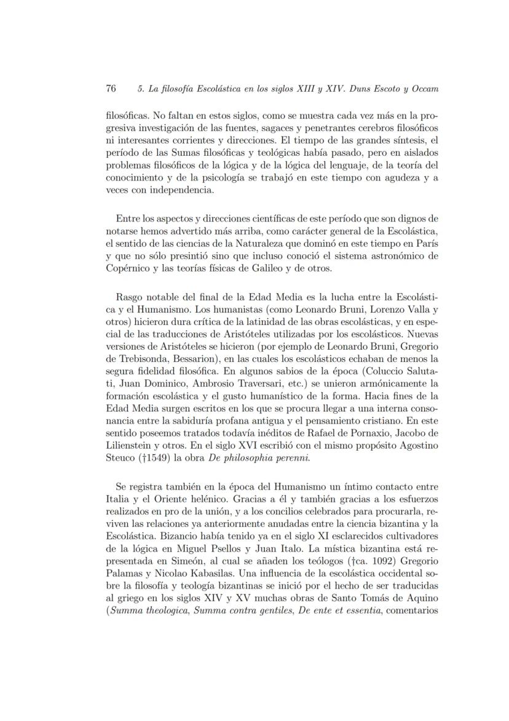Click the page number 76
111,88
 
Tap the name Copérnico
126,268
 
